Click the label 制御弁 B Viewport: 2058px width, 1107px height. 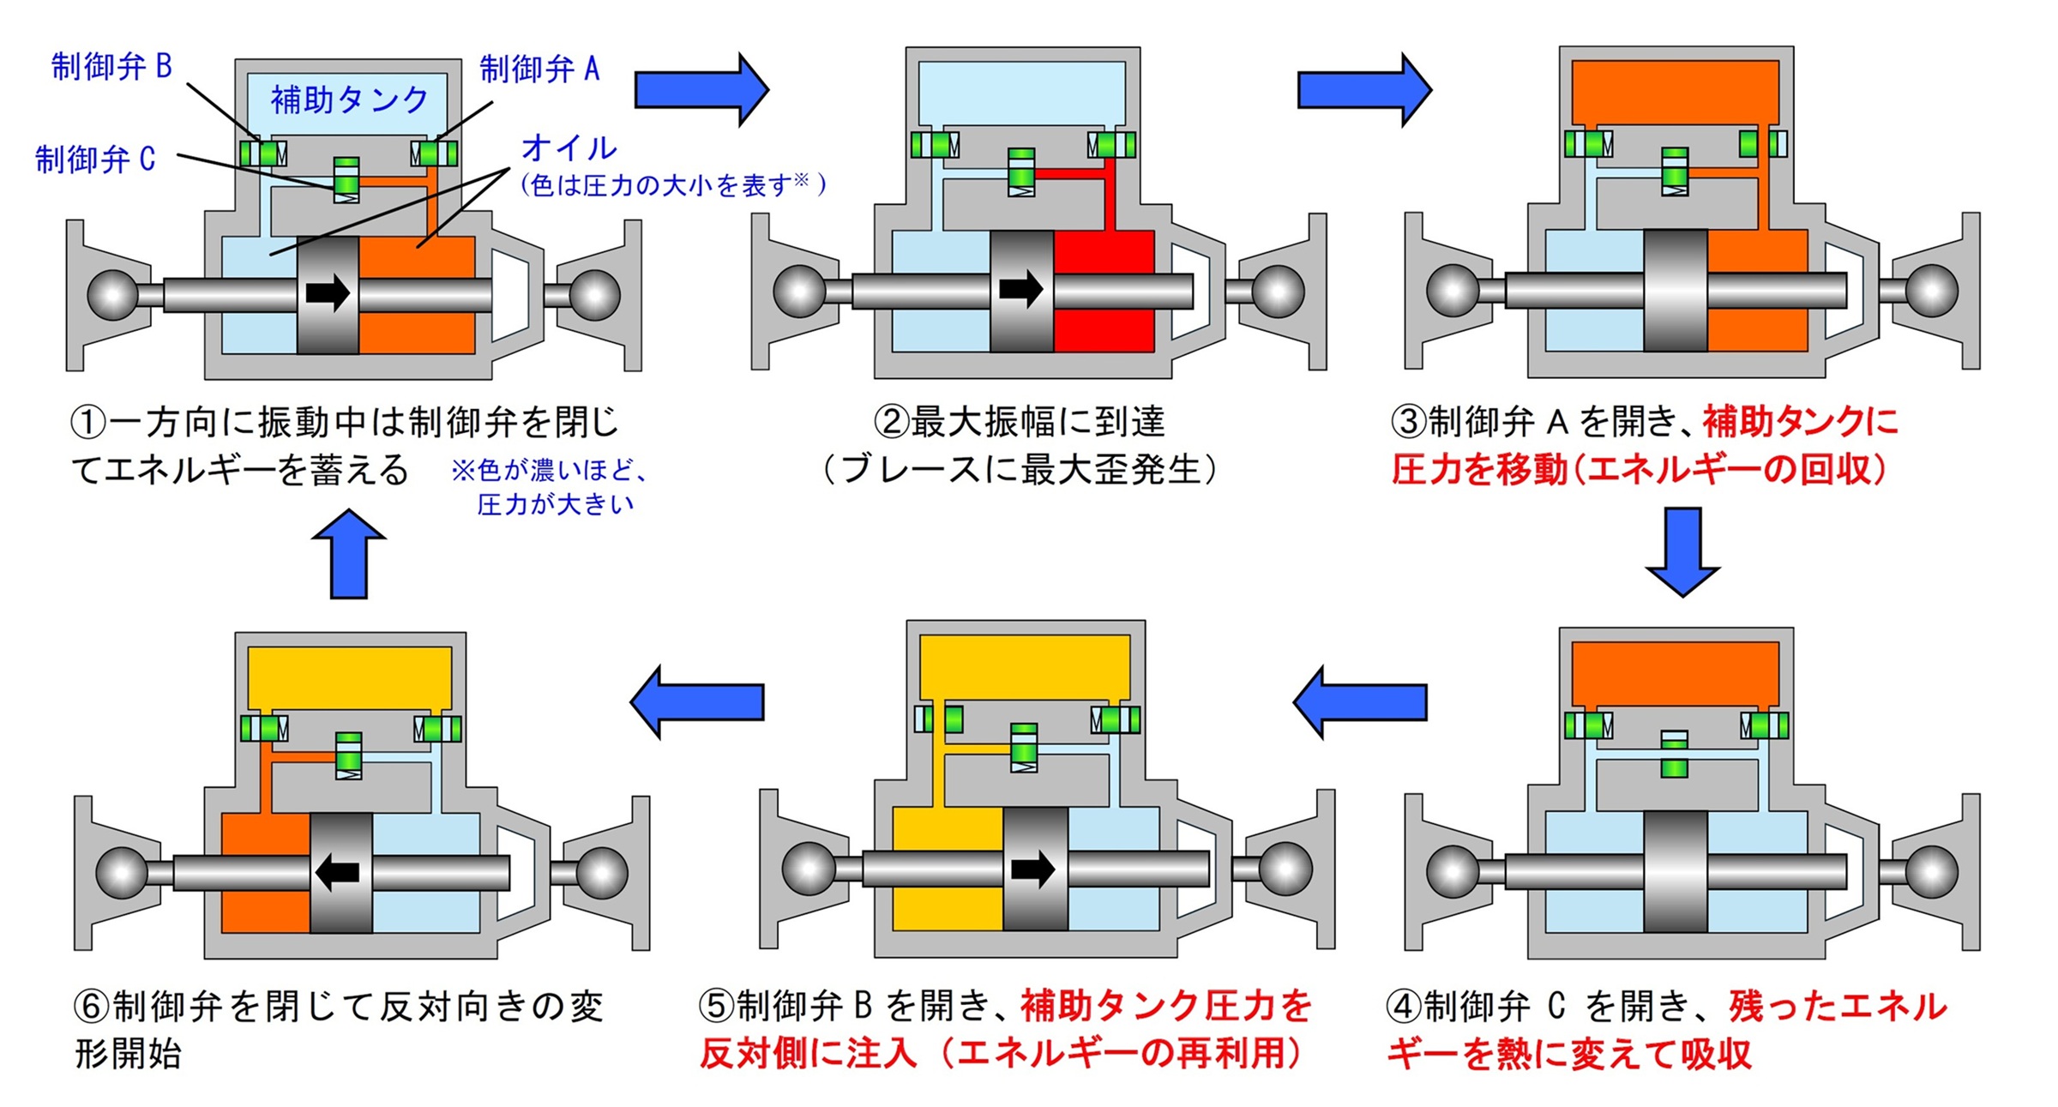click(111, 66)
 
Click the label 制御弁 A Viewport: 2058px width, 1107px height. click(539, 69)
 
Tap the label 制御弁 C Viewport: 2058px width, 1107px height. click(95, 159)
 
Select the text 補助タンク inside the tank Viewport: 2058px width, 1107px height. click(349, 99)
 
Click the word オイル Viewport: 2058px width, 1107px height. click(569, 147)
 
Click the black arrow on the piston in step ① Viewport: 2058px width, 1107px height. click(328, 293)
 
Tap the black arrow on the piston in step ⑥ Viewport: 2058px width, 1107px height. click(338, 873)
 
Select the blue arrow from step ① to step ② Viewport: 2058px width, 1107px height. click(701, 89)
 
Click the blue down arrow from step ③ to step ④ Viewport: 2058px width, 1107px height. click(1682, 550)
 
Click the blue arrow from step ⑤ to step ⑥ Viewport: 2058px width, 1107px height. click(697, 701)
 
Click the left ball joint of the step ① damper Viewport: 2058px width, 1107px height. click(112, 294)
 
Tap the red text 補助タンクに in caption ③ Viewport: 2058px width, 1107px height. click(1801, 421)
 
